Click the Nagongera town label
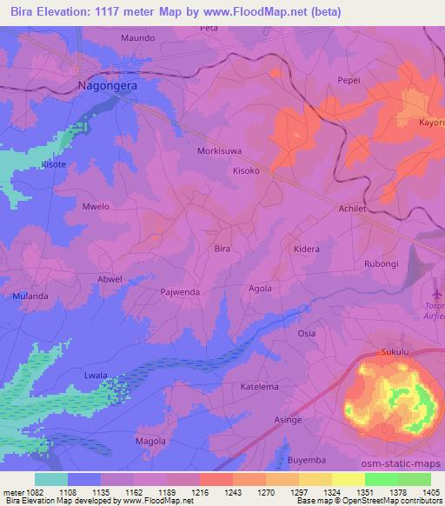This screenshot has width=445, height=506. pos(108,86)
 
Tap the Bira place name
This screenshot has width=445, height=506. pos(222,249)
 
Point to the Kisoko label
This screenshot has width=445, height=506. pos(246,170)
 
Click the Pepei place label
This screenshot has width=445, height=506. pos(349,80)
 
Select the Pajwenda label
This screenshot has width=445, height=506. pos(181,292)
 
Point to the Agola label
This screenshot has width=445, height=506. pos(261,289)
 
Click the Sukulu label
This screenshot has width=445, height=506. pos(394,352)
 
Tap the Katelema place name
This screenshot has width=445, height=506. pos(259,386)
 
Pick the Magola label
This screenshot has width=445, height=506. pos(150,441)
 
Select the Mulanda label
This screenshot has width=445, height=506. pos(30,296)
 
